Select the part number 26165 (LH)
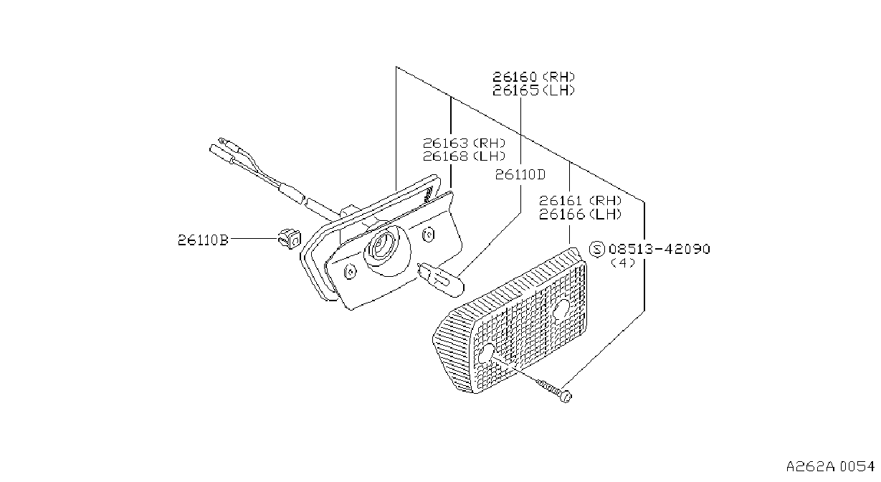(x=534, y=90)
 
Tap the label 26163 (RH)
(x=464, y=143)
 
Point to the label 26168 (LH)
(x=464, y=156)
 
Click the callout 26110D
(x=520, y=174)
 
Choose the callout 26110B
(x=203, y=240)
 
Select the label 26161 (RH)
(x=580, y=201)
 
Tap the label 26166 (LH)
(x=580, y=214)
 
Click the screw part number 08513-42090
(x=659, y=249)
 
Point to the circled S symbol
(x=596, y=249)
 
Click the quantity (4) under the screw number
(x=623, y=263)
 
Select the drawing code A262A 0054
(x=830, y=466)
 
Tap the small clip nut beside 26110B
(x=289, y=238)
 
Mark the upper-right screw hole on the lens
(x=561, y=309)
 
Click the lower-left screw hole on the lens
(x=487, y=354)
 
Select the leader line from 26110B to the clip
(x=254, y=238)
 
